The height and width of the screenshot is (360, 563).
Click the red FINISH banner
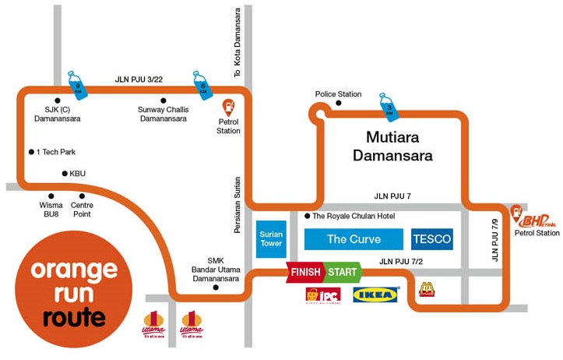point(306,273)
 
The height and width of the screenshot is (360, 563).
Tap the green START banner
point(342,273)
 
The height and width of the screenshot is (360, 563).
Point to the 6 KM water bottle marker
point(202,83)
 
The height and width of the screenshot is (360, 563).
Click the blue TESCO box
point(432,239)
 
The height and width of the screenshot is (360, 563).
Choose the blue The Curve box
point(354,239)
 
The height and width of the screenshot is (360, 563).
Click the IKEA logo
point(377,295)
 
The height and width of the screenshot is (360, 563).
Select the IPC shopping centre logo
point(323,295)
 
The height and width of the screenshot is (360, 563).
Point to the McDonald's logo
point(426,290)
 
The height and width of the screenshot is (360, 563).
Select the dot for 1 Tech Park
point(31,152)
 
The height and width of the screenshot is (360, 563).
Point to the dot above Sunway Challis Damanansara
point(164,101)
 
